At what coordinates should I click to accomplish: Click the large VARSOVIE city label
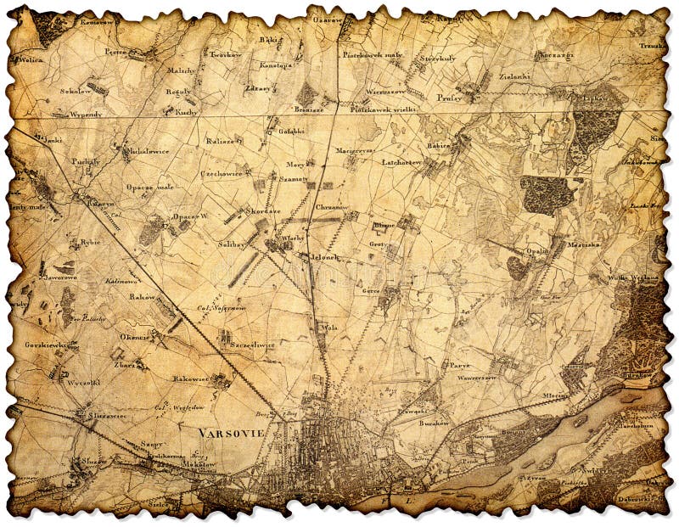231,432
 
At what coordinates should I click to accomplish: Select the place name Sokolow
52,90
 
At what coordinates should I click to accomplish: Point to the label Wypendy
86,113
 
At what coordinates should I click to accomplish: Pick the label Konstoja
276,64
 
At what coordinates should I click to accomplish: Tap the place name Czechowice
222,173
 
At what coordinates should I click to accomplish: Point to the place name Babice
438,145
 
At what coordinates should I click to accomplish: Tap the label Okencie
134,336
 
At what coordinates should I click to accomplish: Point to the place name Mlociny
555,395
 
